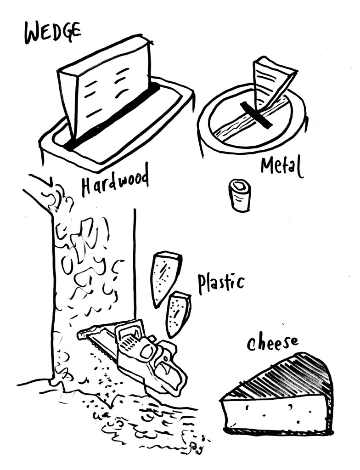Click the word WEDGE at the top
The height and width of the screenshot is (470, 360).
click(x=52, y=33)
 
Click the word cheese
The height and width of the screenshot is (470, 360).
click(x=272, y=342)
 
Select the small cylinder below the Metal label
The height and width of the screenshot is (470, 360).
click(x=240, y=195)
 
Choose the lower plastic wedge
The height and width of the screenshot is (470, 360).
click(x=178, y=314)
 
